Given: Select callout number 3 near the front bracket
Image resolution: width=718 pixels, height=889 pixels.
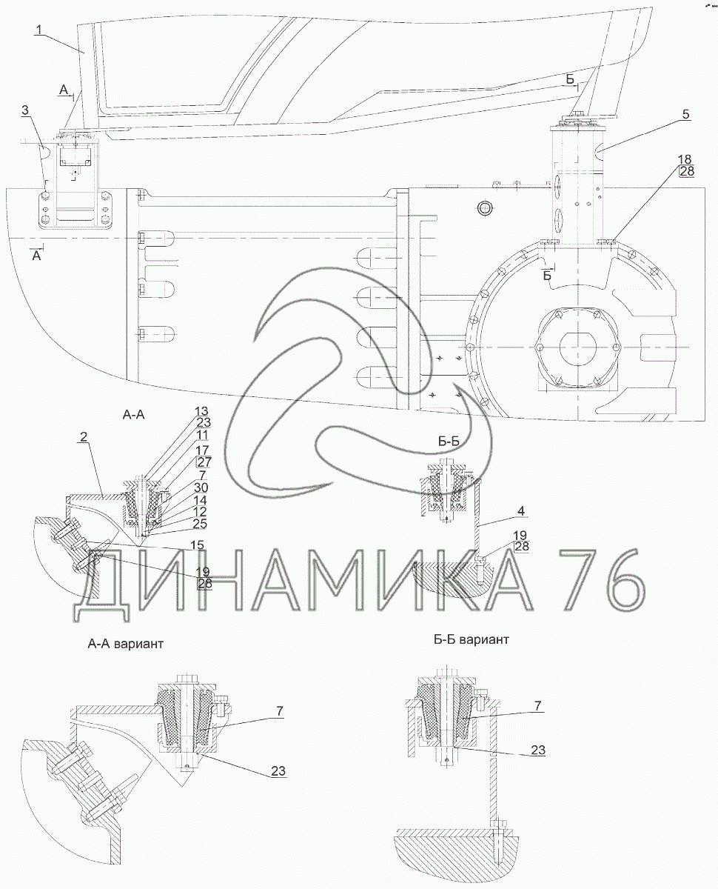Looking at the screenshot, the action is tap(26, 110).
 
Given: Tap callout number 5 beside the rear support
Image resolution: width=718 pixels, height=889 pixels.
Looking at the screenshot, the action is tap(685, 114).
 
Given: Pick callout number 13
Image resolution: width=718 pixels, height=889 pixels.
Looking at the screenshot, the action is tap(201, 411).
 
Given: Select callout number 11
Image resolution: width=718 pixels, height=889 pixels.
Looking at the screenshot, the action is tap(201, 436).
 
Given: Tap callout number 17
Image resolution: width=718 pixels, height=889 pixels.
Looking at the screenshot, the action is tap(201, 449).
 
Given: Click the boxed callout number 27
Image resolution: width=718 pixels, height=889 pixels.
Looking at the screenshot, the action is tap(202, 462).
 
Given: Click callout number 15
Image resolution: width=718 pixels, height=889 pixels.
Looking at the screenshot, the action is tap(197, 545).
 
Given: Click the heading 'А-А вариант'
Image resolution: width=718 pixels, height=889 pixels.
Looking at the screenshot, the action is tap(125, 644).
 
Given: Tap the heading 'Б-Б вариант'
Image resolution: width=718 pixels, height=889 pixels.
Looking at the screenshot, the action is tap(472, 639).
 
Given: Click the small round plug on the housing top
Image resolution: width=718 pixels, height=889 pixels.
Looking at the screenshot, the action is tap(485, 207).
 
